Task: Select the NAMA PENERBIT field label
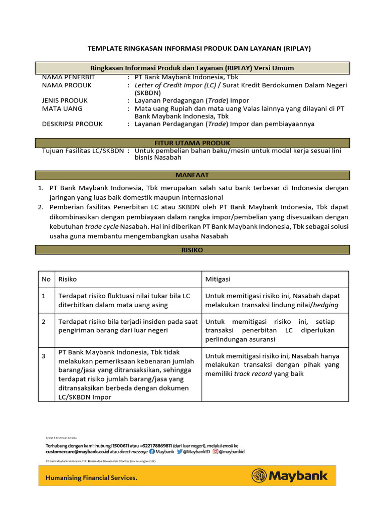68,77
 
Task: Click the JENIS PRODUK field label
65,100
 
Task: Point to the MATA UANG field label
62,108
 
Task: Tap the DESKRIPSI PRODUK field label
72,124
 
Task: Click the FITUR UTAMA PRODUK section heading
192,143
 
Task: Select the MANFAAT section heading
192,175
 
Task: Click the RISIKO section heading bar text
192,250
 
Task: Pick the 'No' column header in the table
46,279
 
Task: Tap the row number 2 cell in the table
44,322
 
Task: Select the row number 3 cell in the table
44,356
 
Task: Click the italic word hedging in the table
325,305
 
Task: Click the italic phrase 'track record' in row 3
252,374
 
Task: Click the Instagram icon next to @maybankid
216,452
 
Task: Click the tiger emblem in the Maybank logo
259,476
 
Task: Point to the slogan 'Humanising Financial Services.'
91,478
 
